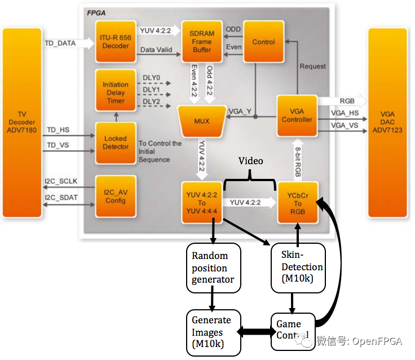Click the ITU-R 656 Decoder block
coord(116,42)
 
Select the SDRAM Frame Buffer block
coord(202,42)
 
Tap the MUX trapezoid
coord(202,121)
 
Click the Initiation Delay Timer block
coord(116,90)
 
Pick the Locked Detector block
coord(116,143)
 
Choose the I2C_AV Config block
coord(116,196)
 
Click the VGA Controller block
coord(297,116)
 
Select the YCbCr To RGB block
coord(298,203)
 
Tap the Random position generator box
coord(214,268)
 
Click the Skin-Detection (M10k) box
coord(298,268)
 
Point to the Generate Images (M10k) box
coord(214,333)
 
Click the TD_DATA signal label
coord(60,43)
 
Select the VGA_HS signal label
coord(345,113)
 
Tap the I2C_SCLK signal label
coord(61,181)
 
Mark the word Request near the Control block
coord(312,66)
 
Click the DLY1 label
coord(151,90)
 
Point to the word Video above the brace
coord(251,161)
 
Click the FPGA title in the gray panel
coord(96,13)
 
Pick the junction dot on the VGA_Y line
coord(255,117)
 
